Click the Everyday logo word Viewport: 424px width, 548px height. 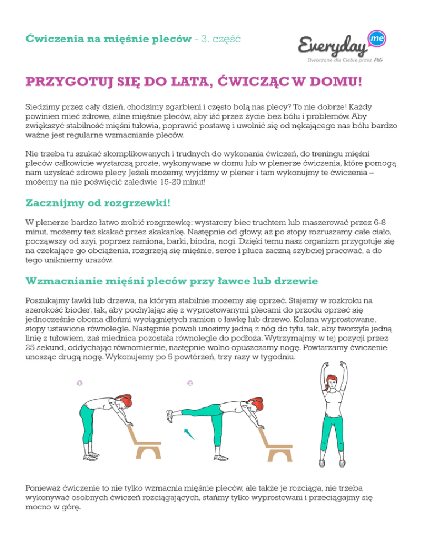[x=334, y=46]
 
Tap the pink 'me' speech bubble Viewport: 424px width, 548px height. [x=375, y=37]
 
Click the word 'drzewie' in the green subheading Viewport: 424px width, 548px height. [x=296, y=281]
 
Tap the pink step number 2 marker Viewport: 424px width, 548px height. [x=189, y=383]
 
